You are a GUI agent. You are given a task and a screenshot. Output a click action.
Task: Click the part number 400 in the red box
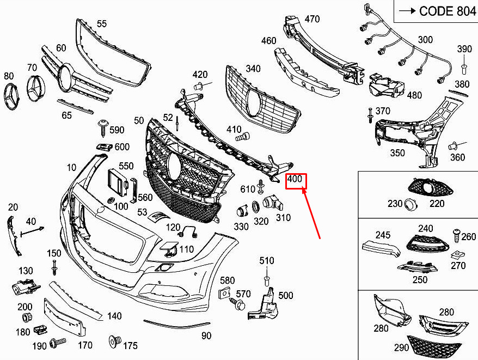coord(295,179)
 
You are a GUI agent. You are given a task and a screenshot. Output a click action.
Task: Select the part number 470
coord(312,19)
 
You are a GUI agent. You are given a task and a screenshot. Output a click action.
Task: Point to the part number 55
coord(102,23)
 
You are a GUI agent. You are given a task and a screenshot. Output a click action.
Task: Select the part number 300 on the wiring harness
coord(425,40)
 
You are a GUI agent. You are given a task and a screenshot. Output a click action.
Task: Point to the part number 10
coord(72,168)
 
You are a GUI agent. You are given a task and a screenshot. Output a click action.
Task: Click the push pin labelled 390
coord(464,68)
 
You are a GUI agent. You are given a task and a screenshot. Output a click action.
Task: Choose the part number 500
coord(285,296)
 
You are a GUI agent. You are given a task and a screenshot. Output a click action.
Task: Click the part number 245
coord(383,235)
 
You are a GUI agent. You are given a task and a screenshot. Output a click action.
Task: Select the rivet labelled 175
coord(115,341)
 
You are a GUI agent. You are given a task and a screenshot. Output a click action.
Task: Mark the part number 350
coord(397,153)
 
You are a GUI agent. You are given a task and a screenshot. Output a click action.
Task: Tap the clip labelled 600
coord(104,147)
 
